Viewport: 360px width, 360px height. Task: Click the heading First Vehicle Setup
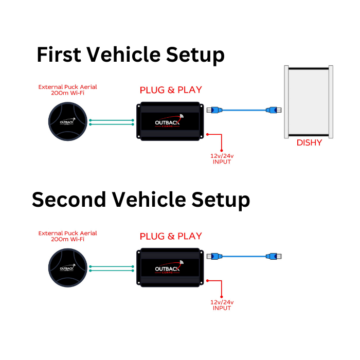click(x=131, y=54)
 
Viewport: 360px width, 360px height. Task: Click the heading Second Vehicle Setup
click(x=140, y=200)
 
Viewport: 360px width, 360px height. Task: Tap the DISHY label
click(x=309, y=142)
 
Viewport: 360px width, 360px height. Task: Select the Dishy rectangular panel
click(x=309, y=102)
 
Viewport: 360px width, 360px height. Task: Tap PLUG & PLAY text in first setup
click(x=171, y=91)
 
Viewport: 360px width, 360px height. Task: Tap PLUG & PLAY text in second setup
click(x=171, y=237)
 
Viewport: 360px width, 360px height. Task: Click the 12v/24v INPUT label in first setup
click(x=222, y=159)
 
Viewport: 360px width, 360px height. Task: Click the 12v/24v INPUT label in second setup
click(x=222, y=305)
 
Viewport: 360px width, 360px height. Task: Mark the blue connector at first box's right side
click(x=213, y=110)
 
